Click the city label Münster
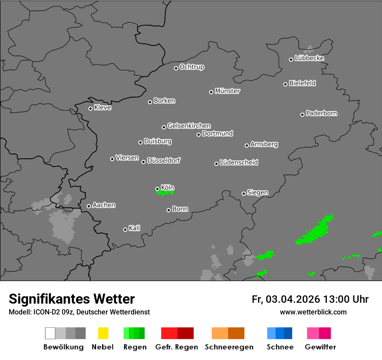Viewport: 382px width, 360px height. pyautogui.click(x=227, y=91)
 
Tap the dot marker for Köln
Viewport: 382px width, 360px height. pyautogui.click(x=157, y=189)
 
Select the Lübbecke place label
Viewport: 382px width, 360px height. pyautogui.click(x=310, y=58)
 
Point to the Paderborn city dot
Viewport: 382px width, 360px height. pyautogui.click(x=302, y=115)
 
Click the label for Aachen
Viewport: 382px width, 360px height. pyautogui.click(x=104, y=205)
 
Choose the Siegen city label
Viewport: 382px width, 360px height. pyautogui.click(x=257, y=193)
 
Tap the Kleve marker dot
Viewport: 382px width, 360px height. pyautogui.click(x=90, y=108)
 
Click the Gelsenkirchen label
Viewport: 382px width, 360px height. pyautogui.click(x=189, y=126)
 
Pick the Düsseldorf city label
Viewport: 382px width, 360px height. pyautogui.click(x=164, y=160)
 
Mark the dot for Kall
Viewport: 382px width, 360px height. pyautogui.click(x=125, y=229)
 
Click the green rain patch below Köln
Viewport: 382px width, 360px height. pyautogui.click(x=165, y=192)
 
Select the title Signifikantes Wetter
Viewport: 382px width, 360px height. pyautogui.click(x=72, y=299)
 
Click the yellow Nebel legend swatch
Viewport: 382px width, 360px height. pyautogui.click(x=103, y=333)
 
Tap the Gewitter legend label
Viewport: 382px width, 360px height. pyautogui.click(x=320, y=347)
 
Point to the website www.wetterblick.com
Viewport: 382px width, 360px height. pyautogui.click(x=313, y=312)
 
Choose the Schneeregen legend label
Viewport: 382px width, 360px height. pyautogui.click(x=229, y=347)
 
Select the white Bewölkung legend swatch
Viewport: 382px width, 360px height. pyautogui.click(x=50, y=333)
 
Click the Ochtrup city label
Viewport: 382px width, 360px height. pyautogui.click(x=192, y=67)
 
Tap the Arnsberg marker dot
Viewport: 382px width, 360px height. pyautogui.click(x=247, y=145)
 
